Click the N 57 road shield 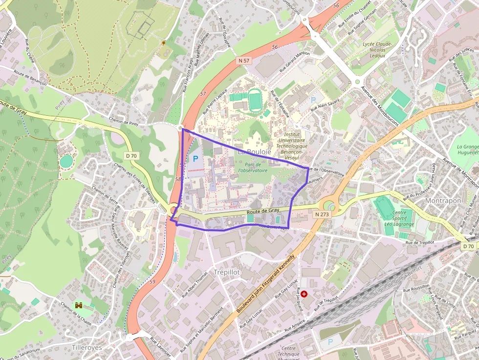244,61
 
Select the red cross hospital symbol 304,294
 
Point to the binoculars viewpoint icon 79,306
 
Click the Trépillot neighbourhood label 228,272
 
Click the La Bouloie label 254,152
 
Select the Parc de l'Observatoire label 253,168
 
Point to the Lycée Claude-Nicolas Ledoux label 377,50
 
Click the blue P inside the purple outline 196,158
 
